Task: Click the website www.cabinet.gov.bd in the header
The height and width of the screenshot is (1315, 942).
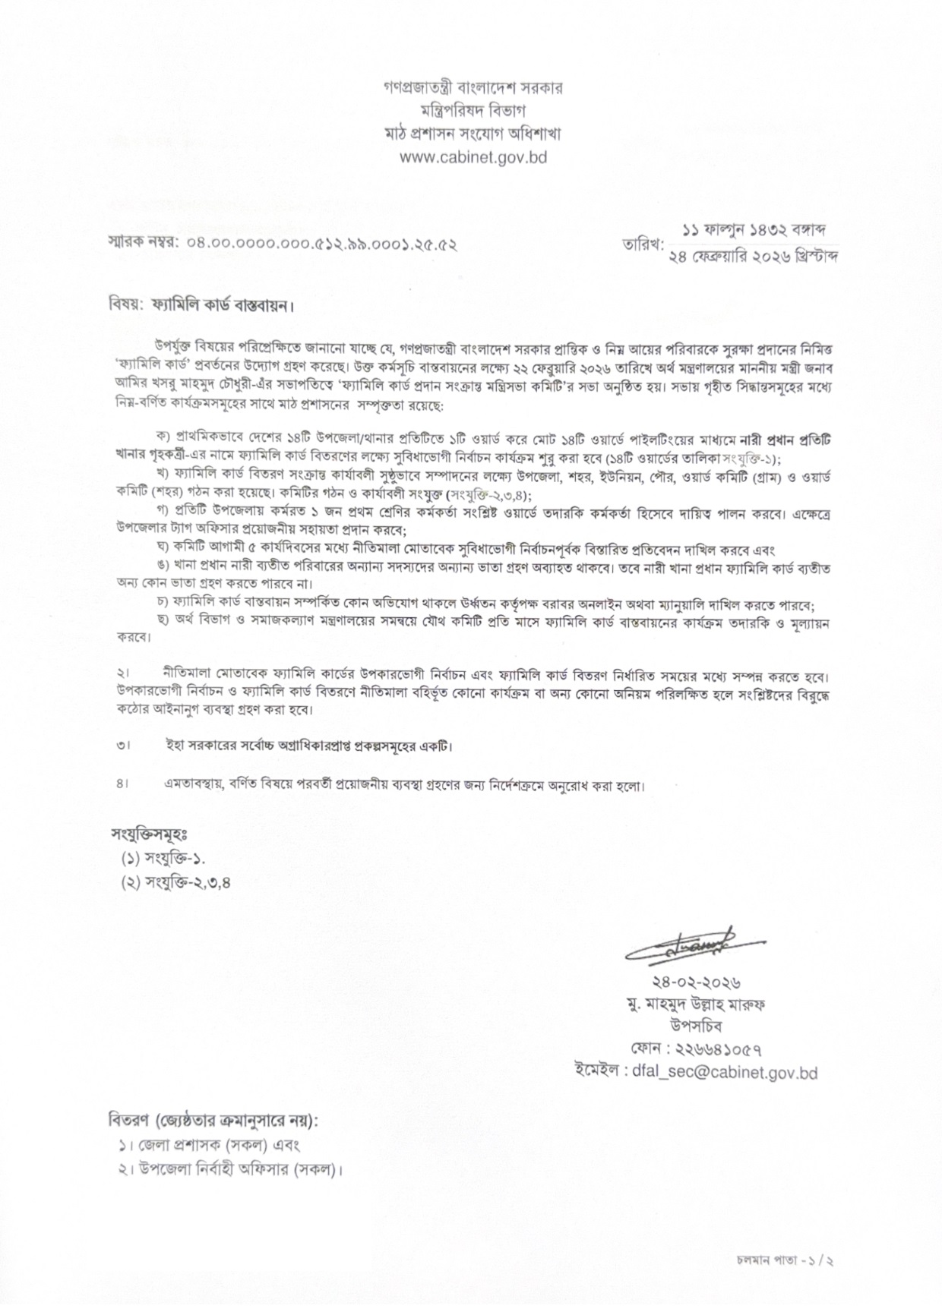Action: coord(473,158)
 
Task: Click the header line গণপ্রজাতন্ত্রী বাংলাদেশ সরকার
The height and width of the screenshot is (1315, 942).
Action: coord(473,87)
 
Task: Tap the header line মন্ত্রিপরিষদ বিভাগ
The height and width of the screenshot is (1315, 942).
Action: coord(473,111)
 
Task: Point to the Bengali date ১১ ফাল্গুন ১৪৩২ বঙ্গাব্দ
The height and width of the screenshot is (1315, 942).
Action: coord(754,229)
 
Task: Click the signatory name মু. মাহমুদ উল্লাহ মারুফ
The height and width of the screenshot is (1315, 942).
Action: coord(696,1004)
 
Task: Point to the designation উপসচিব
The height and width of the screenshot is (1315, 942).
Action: coord(696,1026)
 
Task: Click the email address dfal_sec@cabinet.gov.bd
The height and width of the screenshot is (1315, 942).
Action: coord(725,1073)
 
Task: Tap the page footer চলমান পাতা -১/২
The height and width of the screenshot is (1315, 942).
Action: coord(786,1260)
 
